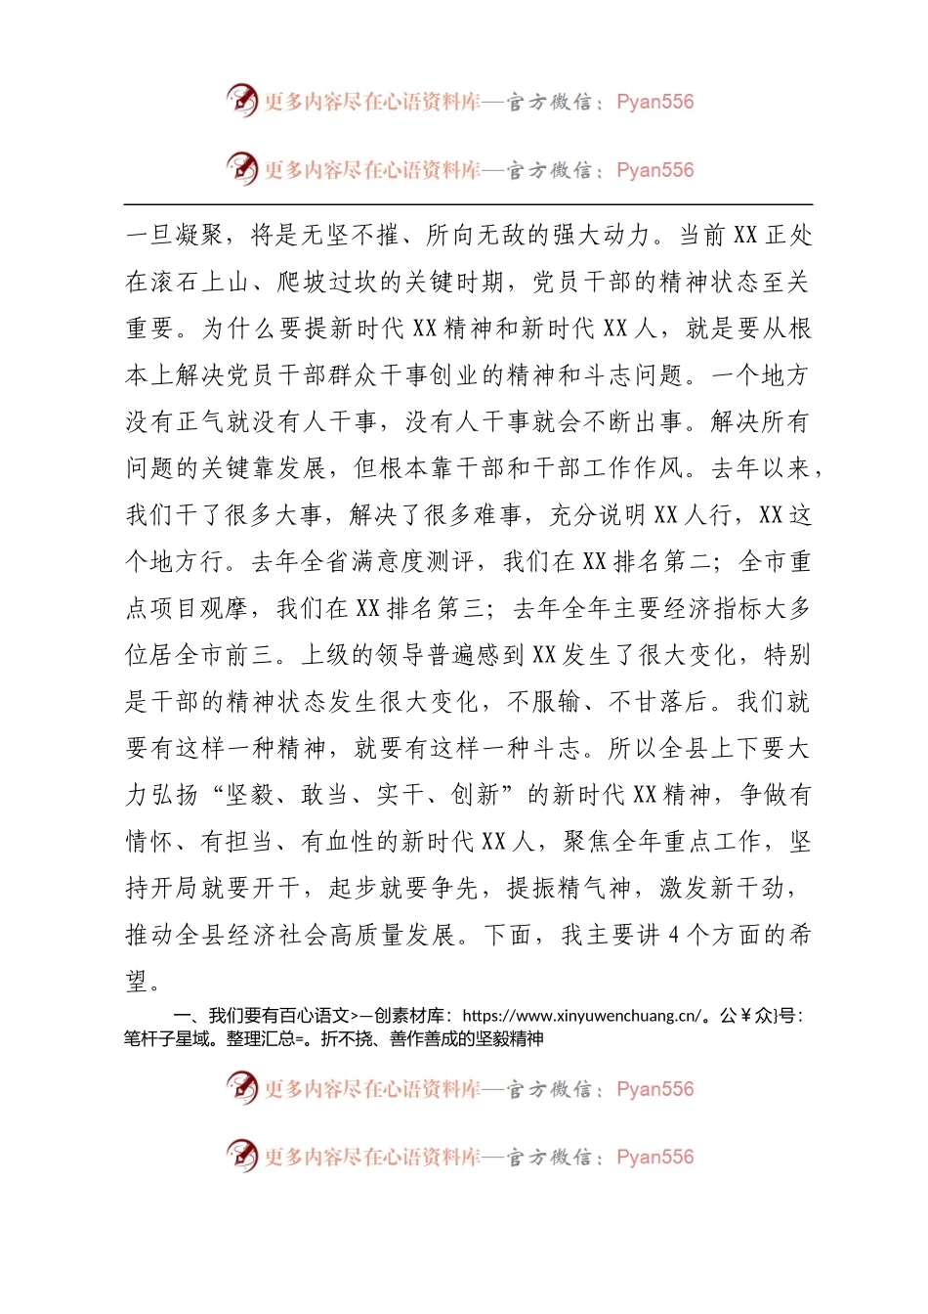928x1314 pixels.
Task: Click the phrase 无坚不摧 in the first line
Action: (351, 236)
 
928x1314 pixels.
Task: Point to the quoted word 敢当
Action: (325, 796)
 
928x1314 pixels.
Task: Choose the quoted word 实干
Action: (401, 796)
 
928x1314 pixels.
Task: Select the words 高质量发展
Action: (392, 936)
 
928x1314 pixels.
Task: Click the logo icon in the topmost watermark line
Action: (241, 101)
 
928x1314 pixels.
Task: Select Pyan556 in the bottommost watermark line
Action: (655, 1158)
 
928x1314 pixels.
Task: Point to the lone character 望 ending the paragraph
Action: (138, 981)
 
